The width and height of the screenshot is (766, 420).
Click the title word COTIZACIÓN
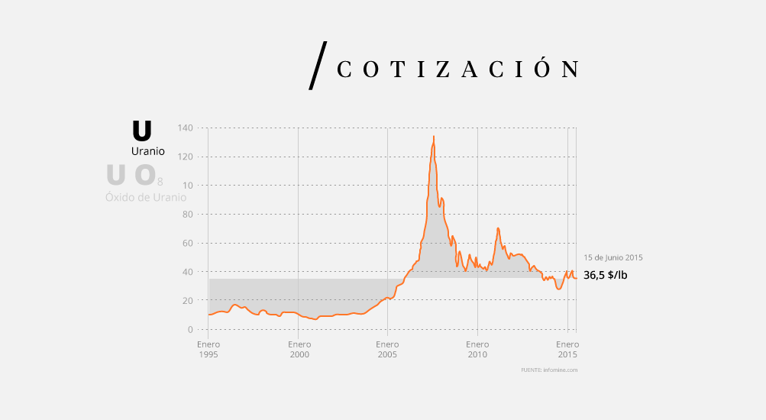click(457, 69)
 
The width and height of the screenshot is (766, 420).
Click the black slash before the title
click(318, 66)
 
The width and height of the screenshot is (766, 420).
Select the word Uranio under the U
click(148, 151)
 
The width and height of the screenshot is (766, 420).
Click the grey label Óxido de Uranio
click(146, 197)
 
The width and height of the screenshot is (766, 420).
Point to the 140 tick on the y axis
click(186, 128)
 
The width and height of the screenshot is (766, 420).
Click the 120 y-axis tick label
click(186, 157)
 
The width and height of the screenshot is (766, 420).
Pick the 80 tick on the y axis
click(188, 214)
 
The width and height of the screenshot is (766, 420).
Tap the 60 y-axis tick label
click(188, 243)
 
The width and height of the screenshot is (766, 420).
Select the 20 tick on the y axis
click(188, 300)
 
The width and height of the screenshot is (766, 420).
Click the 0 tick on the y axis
click(190, 329)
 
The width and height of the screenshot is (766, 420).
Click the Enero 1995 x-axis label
click(208, 349)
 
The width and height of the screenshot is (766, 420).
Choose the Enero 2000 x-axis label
click(299, 349)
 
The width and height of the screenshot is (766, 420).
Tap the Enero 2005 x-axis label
click(387, 349)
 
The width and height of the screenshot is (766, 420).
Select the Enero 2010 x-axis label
click(477, 349)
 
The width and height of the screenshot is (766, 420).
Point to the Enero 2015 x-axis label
click(567, 349)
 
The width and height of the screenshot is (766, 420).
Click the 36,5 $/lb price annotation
click(606, 276)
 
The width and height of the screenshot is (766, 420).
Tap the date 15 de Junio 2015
click(613, 257)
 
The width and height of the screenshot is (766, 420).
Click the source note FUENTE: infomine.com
click(549, 370)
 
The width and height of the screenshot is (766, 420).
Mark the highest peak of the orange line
click(434, 137)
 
